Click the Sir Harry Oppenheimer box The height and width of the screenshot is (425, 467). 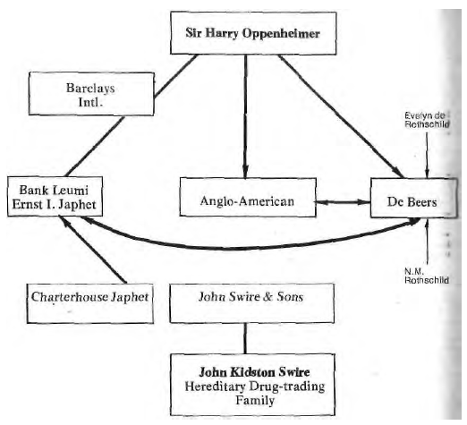253,33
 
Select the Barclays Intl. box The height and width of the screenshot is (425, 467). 91,94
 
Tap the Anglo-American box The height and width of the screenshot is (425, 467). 248,197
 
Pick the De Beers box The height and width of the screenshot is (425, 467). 413,198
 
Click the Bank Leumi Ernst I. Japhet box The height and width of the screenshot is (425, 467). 55,196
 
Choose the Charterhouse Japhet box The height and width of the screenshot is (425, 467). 90,303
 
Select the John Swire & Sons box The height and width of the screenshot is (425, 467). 252,303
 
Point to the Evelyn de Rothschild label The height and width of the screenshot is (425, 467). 427,120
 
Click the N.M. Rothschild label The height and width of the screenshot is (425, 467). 427,276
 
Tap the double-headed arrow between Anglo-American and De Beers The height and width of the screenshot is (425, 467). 344,202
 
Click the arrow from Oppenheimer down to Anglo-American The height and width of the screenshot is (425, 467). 245,116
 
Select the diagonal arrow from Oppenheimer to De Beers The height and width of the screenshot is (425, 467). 341,116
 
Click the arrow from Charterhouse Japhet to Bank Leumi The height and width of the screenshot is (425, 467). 93,250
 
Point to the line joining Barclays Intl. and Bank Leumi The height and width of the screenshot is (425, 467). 95,146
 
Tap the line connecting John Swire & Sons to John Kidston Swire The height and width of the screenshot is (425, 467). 245,338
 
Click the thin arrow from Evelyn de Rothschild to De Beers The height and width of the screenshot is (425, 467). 427,155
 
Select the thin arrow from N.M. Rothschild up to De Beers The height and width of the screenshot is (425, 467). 428,242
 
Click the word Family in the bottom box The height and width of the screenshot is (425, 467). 255,401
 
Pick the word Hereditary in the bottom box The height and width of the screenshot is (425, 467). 215,387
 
